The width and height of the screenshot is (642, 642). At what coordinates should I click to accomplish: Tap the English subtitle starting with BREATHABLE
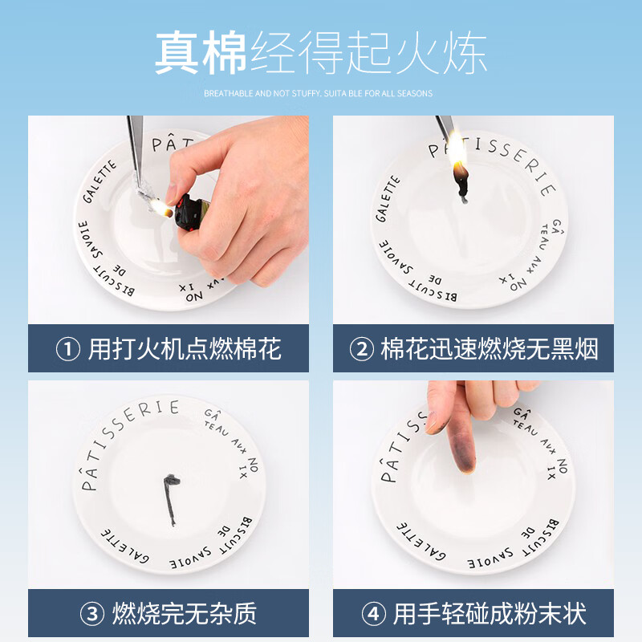(318, 94)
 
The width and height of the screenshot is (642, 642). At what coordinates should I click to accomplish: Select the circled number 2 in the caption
(361, 349)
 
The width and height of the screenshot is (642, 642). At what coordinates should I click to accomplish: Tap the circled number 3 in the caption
(92, 615)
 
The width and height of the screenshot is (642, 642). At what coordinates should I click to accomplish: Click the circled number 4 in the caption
(373, 615)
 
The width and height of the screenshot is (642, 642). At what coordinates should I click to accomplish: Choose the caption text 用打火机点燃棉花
(185, 349)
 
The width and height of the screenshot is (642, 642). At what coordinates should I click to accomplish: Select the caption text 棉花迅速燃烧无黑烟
(490, 349)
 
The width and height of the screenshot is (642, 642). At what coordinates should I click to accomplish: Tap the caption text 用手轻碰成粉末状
(490, 615)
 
